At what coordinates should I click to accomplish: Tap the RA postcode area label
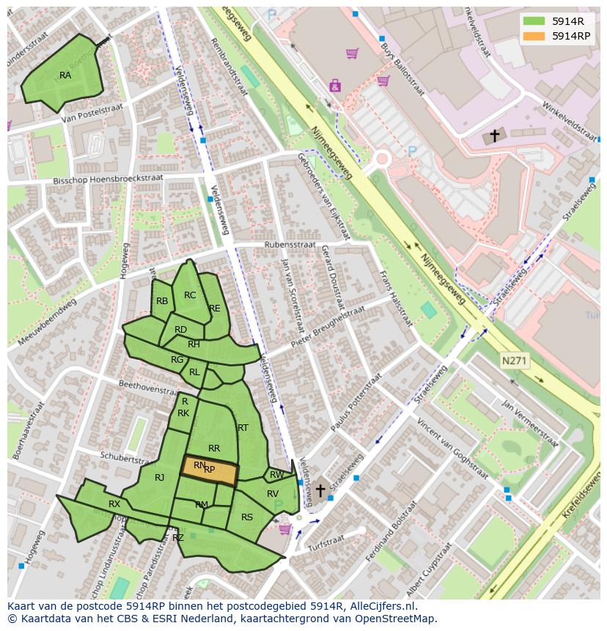click(x=65, y=75)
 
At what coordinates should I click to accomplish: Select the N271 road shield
click(x=515, y=361)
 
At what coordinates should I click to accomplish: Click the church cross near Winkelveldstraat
click(x=494, y=136)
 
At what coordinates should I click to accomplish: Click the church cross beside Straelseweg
click(x=320, y=490)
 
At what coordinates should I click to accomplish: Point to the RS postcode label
click(x=247, y=517)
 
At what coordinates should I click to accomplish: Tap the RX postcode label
click(x=114, y=504)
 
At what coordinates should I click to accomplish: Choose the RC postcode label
click(x=190, y=295)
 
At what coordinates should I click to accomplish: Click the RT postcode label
click(x=243, y=428)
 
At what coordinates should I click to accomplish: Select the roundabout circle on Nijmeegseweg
click(x=381, y=158)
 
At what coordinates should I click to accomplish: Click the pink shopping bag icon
click(x=335, y=86)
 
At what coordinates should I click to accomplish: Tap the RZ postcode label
click(x=178, y=537)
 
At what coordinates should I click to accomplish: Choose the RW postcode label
click(x=276, y=475)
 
